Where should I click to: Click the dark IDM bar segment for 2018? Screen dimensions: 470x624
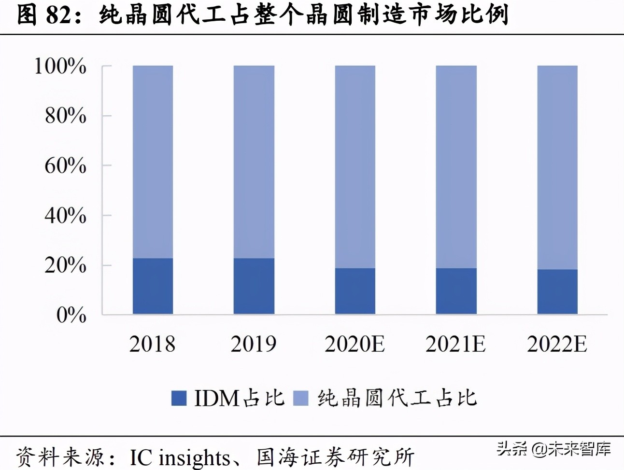[x=153, y=286]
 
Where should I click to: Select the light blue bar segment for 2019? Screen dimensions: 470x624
[x=254, y=162]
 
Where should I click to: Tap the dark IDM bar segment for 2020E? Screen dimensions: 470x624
[x=355, y=291]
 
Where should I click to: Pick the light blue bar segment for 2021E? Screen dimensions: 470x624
[x=456, y=166]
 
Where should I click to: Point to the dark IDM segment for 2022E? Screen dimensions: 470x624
[x=557, y=291]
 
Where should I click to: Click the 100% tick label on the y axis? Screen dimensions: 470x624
[x=60, y=66]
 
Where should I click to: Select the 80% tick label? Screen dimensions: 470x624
[x=65, y=116]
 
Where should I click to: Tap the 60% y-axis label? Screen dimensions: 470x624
[x=65, y=166]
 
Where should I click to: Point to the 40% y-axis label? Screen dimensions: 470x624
[x=65, y=215]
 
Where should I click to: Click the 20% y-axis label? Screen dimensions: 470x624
[x=65, y=265]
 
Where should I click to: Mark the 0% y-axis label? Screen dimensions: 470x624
[x=71, y=315]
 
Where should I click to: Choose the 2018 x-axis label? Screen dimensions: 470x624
[x=153, y=344]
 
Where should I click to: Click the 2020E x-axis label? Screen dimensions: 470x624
[x=355, y=344]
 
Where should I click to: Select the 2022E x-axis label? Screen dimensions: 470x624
[x=557, y=344]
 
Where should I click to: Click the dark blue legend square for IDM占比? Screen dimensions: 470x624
[x=179, y=398]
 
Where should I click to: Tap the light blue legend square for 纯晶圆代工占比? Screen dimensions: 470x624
[x=301, y=398]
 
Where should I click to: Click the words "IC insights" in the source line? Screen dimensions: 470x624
[x=180, y=457]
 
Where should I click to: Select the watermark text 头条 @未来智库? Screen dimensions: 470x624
[x=553, y=449]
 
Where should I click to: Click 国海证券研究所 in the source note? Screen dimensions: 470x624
[x=335, y=457]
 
